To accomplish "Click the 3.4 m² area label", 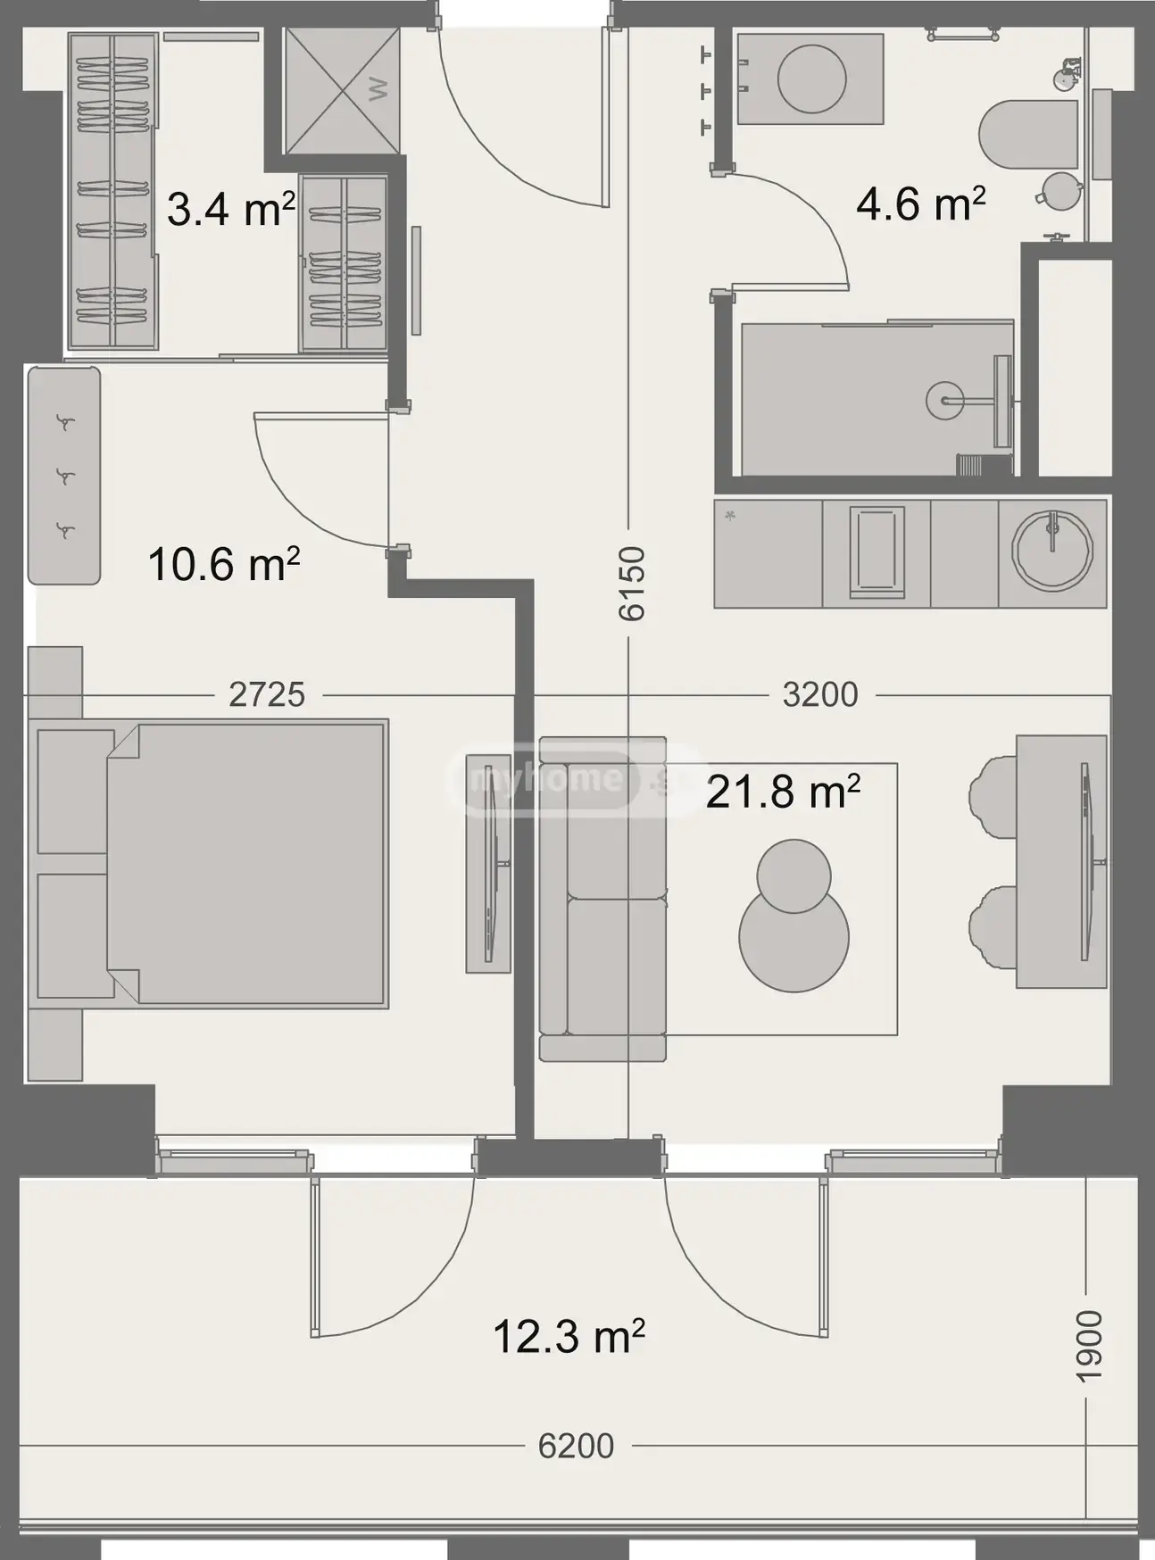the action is [x=230, y=210].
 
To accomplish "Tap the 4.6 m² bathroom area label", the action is [x=920, y=203].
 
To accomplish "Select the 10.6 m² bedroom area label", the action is [x=223, y=564].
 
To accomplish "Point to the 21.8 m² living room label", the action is [x=783, y=791].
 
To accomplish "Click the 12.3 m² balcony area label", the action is [x=569, y=1336].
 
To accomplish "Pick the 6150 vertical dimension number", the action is [x=631, y=584].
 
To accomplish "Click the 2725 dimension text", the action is [x=267, y=693].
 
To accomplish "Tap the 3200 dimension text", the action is [x=820, y=693].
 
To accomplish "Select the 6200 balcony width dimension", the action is [x=576, y=1445].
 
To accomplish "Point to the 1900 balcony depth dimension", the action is [x=1089, y=1346].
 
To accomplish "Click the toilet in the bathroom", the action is [x=1028, y=135].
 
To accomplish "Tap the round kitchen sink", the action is [x=1053, y=552].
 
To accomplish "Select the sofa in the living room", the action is [x=603, y=899].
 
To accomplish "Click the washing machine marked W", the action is [x=342, y=90].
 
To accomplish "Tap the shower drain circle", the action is [x=944, y=401].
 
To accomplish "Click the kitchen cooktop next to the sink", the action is [x=877, y=552].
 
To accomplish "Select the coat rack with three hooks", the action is [x=63, y=476].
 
